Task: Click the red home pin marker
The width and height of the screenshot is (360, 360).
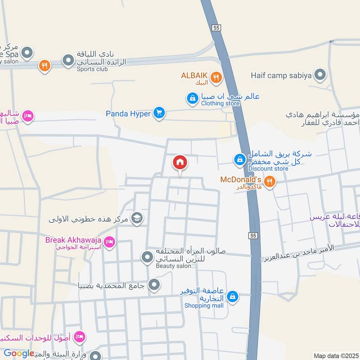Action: pyautogui.click(x=180, y=163)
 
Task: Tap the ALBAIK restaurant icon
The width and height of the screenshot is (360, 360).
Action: pyautogui.click(x=216, y=78)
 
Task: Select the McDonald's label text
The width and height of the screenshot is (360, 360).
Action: pyautogui.click(x=240, y=180)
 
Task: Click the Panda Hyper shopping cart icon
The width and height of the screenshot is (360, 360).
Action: pyautogui.click(x=158, y=113)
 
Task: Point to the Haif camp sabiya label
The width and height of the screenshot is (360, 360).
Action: pyautogui.click(x=281, y=75)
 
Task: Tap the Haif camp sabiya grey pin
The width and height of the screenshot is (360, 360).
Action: pyautogui.click(x=320, y=75)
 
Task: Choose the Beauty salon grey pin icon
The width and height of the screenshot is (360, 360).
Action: pyautogui.click(x=147, y=258)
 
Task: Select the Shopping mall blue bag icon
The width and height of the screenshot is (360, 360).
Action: pyautogui.click(x=233, y=296)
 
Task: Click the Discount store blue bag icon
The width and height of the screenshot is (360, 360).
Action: pyautogui.click(x=239, y=159)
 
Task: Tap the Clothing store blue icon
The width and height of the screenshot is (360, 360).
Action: pyautogui.click(x=192, y=98)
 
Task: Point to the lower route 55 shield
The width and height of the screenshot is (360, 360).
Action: pyautogui.click(x=253, y=235)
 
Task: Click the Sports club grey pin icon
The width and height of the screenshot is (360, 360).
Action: pyautogui.click(x=68, y=60)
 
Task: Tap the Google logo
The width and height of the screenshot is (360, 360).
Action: pyautogui.click(x=19, y=353)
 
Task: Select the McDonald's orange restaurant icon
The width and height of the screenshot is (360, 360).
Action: pyautogui.click(x=270, y=182)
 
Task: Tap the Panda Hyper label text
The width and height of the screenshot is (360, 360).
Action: pyautogui.click(x=128, y=114)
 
